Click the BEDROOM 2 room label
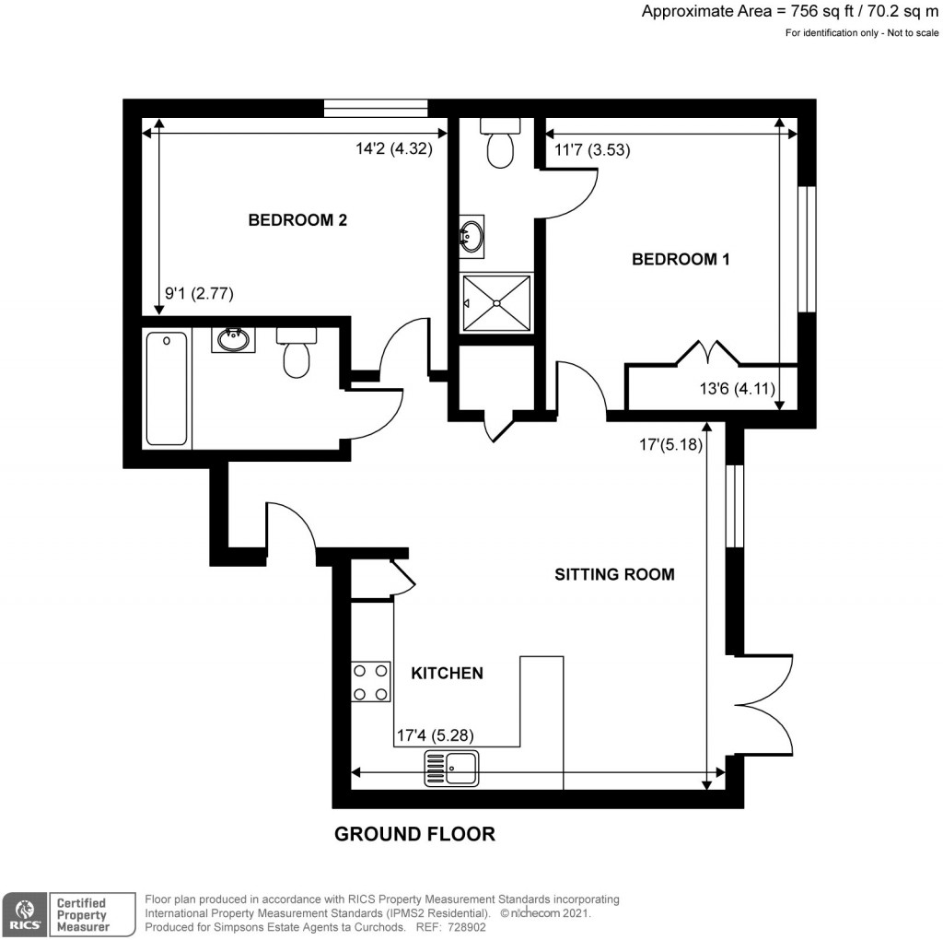pyautogui.click(x=297, y=220)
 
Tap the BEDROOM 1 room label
pyautogui.click(x=681, y=260)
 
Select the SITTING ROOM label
pyautogui.click(x=614, y=574)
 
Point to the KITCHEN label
pyautogui.click(x=447, y=674)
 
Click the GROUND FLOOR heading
pyautogui.click(x=414, y=834)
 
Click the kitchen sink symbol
pyautogui.click(x=451, y=768)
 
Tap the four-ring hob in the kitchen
pyautogui.click(x=369, y=682)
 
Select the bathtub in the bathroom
pyautogui.click(x=167, y=389)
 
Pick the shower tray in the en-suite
pyautogui.click(x=497, y=302)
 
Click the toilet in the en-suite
pyautogui.click(x=501, y=145)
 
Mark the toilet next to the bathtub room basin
pyautogui.click(x=297, y=353)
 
